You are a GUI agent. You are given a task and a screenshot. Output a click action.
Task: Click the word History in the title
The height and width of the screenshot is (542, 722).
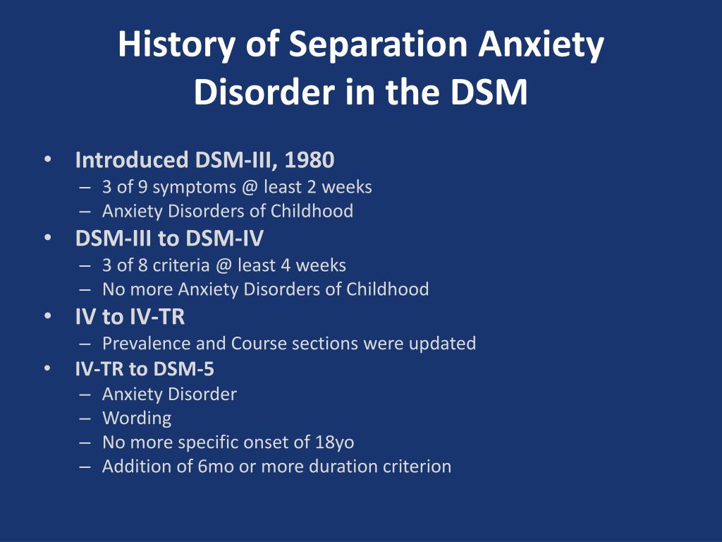(x=176, y=45)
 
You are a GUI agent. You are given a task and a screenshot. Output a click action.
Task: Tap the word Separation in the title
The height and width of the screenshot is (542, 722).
(x=378, y=44)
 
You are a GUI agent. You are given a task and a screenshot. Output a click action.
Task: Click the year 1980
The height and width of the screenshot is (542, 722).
(x=310, y=160)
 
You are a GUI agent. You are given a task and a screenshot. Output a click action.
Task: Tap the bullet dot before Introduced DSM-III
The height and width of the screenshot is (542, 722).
(x=48, y=159)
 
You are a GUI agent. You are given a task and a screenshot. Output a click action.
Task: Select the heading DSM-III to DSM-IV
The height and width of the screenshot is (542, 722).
(x=169, y=239)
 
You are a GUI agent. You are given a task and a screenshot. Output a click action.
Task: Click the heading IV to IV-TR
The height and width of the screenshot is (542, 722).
(x=130, y=317)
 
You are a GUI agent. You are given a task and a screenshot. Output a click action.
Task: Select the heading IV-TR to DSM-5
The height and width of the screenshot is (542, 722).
(x=145, y=368)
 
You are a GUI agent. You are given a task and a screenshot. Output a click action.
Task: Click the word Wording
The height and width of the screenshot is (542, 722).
(x=137, y=418)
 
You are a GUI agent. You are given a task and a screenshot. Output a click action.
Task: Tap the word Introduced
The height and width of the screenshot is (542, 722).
(x=132, y=160)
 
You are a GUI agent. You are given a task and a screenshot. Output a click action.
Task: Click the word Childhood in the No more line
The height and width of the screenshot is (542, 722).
(x=387, y=289)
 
